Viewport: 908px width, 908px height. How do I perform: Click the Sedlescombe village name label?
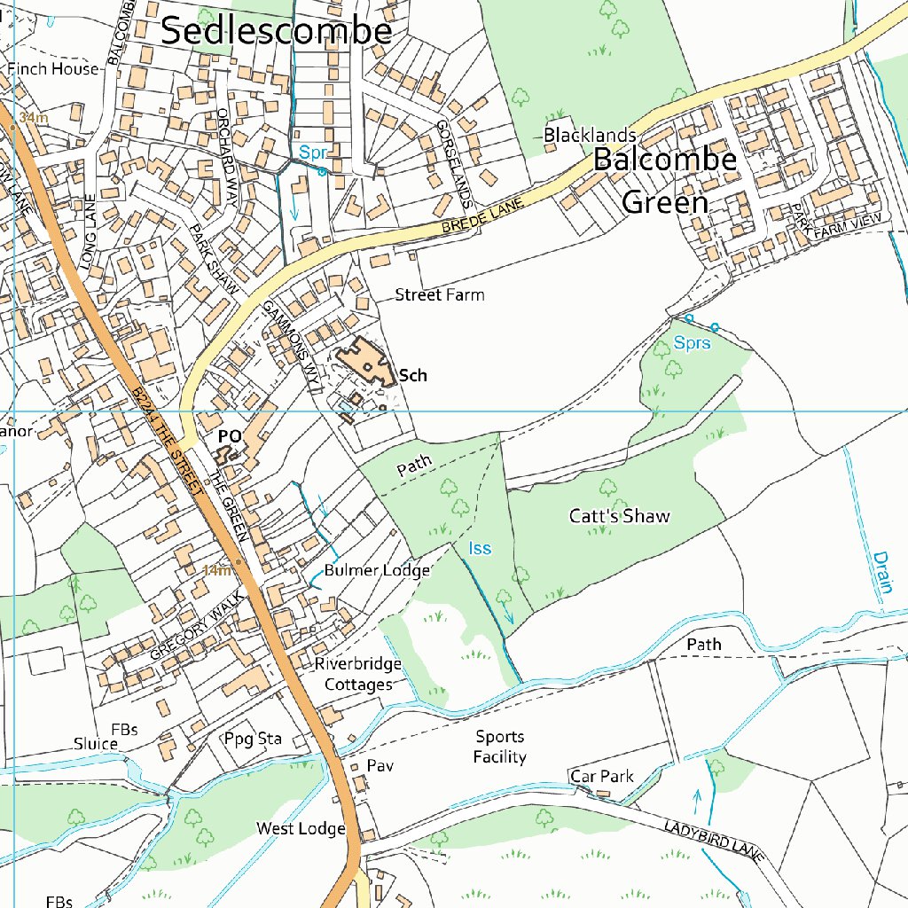(276, 31)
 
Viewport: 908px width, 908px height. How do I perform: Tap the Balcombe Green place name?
(665, 181)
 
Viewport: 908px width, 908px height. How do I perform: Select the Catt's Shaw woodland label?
(620, 516)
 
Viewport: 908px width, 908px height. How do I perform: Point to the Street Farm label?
(440, 294)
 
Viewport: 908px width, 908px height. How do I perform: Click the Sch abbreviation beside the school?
(413, 375)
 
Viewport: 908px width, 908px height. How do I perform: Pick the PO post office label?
(230, 437)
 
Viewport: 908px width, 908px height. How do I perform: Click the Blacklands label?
(590, 135)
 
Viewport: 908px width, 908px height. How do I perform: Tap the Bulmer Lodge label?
(377, 570)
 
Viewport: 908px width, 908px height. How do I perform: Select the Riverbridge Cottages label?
(358, 674)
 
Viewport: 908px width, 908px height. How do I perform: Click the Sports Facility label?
(500, 747)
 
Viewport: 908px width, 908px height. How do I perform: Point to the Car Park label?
(602, 776)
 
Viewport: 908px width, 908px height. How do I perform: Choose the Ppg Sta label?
(252, 738)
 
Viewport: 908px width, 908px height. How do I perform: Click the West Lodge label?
(301, 828)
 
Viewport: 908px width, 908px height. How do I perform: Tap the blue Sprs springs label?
(692, 342)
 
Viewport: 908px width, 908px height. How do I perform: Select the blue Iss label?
(480, 549)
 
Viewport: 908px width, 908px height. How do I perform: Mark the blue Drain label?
(881, 577)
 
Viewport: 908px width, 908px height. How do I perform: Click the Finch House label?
(53, 69)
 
